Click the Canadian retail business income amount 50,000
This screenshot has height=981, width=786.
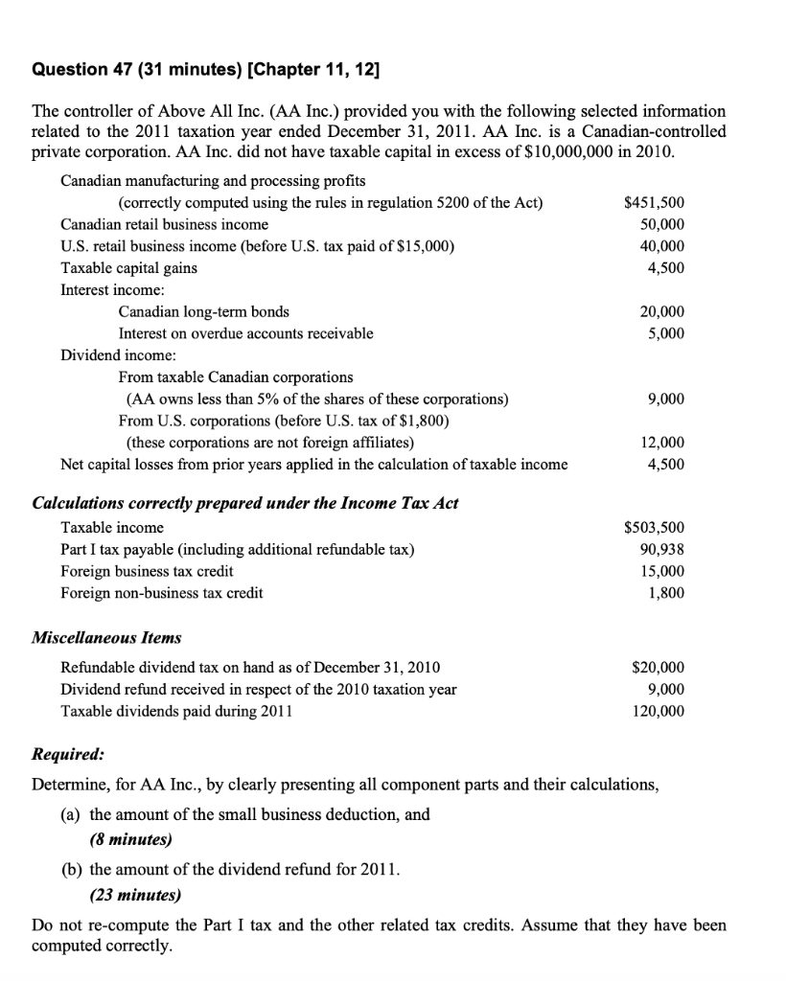[x=661, y=224]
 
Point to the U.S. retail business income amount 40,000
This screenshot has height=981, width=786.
[x=661, y=246]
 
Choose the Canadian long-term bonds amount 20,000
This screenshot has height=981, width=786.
[x=661, y=311]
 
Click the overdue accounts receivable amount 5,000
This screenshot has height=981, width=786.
[x=665, y=333]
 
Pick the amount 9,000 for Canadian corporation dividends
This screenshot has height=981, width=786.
[x=665, y=399]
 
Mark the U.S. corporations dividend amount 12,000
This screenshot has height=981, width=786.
[x=661, y=443]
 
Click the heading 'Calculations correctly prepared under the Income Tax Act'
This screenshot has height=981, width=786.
[x=245, y=503]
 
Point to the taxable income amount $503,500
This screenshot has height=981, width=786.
[x=654, y=528]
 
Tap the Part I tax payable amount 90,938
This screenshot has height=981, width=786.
[x=661, y=550]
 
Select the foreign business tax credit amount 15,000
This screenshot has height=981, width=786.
[x=661, y=571]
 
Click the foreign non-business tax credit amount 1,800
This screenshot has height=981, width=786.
[x=665, y=593]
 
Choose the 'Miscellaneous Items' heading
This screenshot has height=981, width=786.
[x=106, y=637]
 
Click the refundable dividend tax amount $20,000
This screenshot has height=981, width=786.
[x=658, y=667]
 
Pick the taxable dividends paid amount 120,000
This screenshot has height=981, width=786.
[x=659, y=711]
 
